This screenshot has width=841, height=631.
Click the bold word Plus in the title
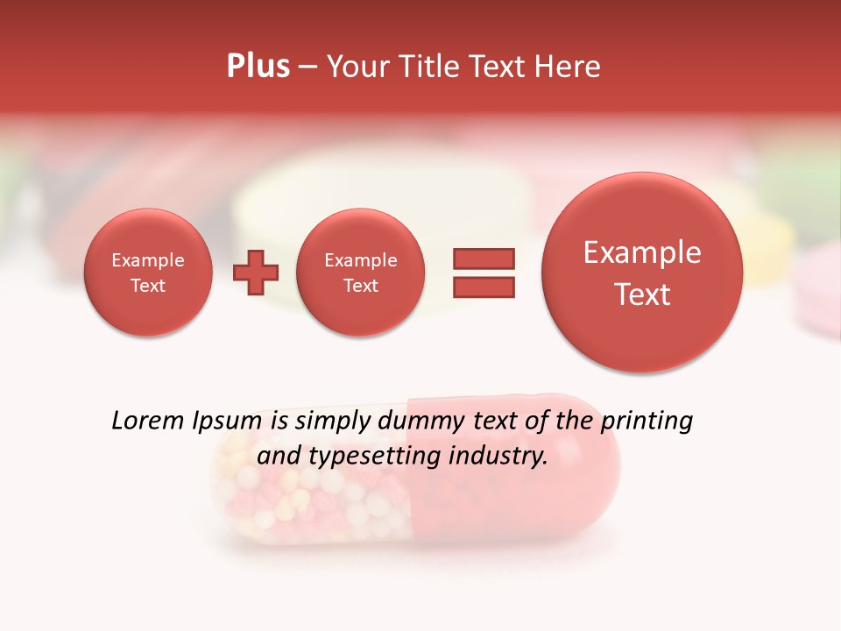[258, 67]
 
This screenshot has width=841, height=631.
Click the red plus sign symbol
[256, 273]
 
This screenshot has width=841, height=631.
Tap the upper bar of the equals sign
[483, 259]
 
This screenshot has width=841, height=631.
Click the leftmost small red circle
[147, 273]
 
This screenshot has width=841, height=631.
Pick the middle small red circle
[360, 273]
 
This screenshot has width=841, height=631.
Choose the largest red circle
[642, 273]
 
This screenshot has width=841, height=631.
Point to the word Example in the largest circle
[642, 252]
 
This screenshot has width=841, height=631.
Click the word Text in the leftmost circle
[147, 286]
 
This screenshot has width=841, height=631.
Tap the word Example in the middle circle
[360, 260]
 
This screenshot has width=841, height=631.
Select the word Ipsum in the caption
[228, 422]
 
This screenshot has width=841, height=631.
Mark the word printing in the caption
[647, 422]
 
